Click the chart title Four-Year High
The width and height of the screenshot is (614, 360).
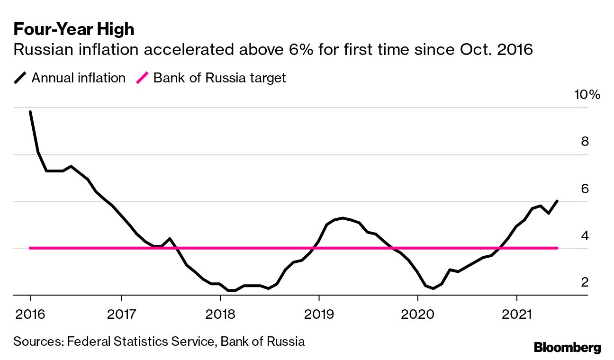coord(74,29)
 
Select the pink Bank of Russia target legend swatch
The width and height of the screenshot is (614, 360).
coord(142,78)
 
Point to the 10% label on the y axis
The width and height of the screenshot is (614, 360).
coord(587,95)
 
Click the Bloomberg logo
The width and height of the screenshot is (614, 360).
coord(567,347)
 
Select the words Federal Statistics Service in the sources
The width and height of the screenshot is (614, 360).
coord(141,341)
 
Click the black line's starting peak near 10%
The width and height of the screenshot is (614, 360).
coord(30,112)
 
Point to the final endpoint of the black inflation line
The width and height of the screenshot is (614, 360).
coord(557,201)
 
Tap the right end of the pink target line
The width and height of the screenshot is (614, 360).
coord(557,248)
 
